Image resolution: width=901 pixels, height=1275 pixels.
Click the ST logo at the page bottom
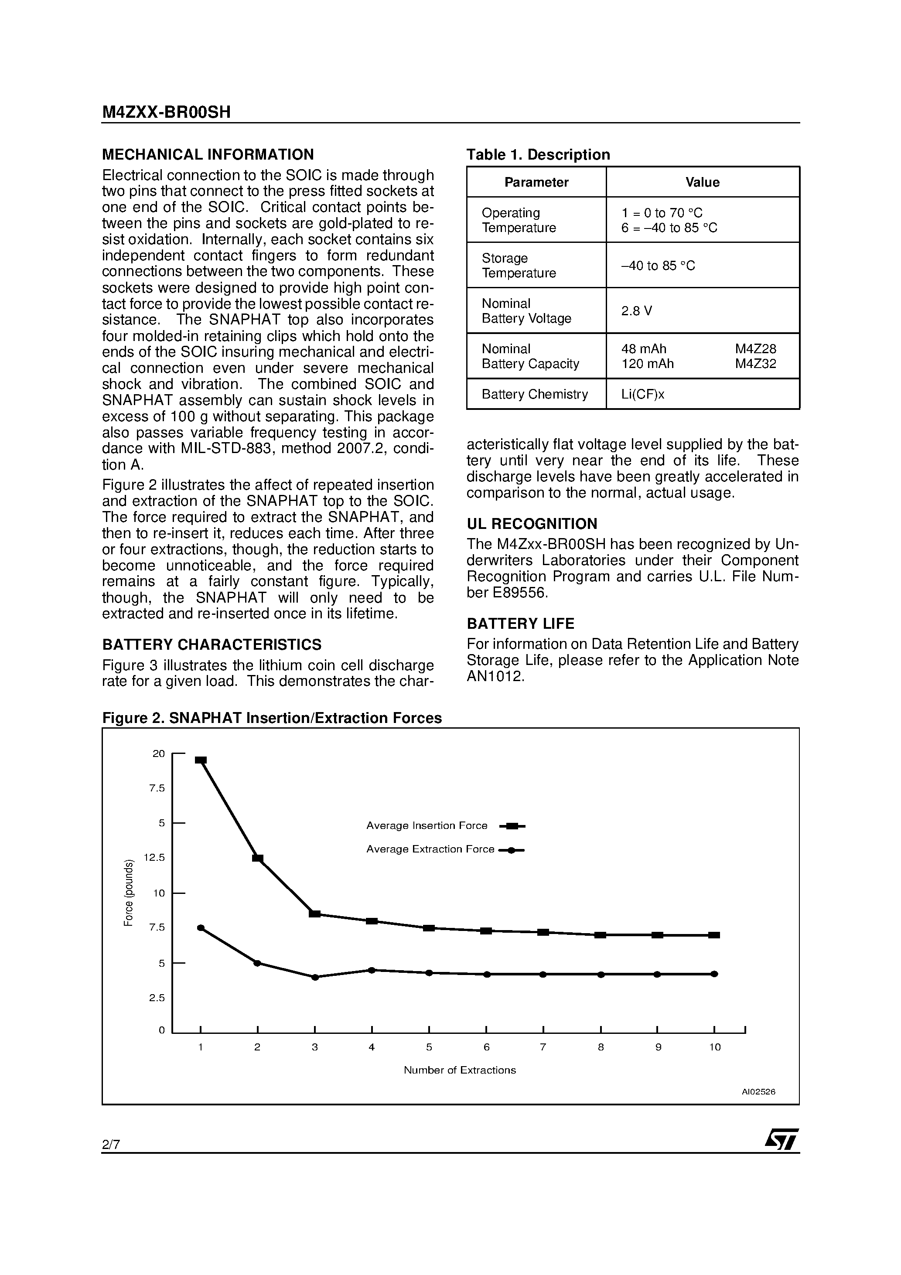pyautogui.click(x=782, y=1139)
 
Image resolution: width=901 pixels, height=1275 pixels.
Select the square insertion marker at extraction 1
pyautogui.click(x=201, y=760)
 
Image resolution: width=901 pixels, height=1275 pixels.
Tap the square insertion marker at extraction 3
pyautogui.click(x=315, y=914)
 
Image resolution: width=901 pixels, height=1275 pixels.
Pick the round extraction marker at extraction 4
pyautogui.click(x=372, y=970)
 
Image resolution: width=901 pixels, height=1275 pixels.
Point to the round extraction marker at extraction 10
pyautogui.click(x=714, y=974)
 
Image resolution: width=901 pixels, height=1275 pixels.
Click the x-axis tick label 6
pyautogui.click(x=487, y=1047)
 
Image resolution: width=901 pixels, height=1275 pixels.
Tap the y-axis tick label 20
pyautogui.click(x=159, y=753)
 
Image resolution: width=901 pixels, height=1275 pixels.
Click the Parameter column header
pyautogui.click(x=536, y=182)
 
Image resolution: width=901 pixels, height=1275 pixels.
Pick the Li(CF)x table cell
pyautogui.click(x=643, y=394)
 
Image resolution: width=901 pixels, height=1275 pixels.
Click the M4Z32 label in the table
pyautogui.click(x=755, y=364)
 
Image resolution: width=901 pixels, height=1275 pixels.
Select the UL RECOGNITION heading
pyautogui.click(x=532, y=524)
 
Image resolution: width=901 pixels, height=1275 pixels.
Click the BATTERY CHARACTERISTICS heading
pyautogui.click(x=212, y=645)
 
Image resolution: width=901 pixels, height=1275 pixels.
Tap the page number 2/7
pyautogui.click(x=111, y=1145)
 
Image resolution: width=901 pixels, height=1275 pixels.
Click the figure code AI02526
pyautogui.click(x=758, y=1092)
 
